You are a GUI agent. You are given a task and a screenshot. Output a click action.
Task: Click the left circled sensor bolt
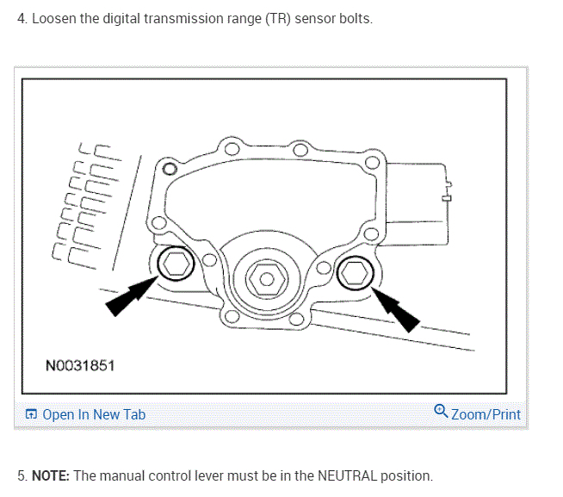point(175,265)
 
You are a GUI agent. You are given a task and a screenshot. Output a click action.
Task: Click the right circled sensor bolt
point(353,274)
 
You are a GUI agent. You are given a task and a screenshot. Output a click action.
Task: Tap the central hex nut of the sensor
point(264,279)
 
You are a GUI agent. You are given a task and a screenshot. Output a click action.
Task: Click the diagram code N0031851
point(80,366)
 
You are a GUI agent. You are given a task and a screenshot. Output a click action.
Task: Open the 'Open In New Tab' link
point(94,414)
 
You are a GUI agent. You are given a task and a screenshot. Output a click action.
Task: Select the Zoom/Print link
point(486,414)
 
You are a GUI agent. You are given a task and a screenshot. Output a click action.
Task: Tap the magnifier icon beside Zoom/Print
point(441,412)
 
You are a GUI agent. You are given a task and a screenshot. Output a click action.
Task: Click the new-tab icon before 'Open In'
point(31,414)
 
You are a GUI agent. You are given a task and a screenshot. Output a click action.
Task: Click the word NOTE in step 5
point(51,475)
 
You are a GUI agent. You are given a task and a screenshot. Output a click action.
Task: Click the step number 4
point(22,19)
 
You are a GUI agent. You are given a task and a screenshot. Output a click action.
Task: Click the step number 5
point(22,475)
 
